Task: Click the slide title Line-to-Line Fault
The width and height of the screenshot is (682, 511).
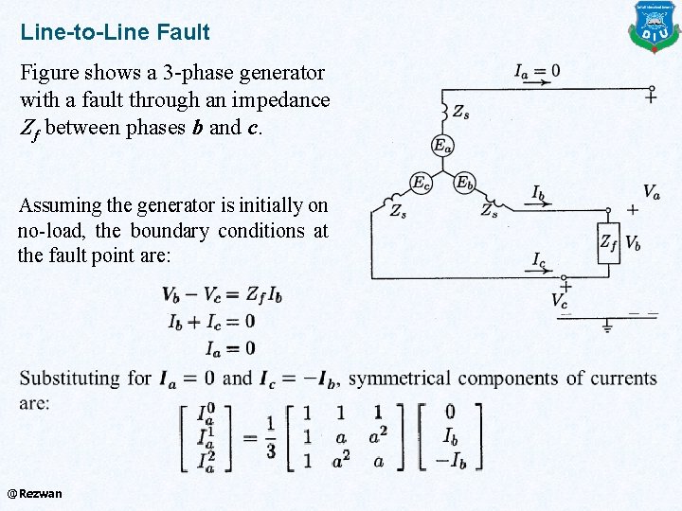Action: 115,32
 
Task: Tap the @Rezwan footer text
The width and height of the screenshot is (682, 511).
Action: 34,493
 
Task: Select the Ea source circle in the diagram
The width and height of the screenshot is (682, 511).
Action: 442,145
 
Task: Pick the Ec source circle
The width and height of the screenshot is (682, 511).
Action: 421,183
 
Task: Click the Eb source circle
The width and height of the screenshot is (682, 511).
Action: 464,183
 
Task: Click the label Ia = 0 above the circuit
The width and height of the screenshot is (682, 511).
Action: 536,70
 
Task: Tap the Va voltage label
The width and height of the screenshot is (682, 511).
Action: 651,192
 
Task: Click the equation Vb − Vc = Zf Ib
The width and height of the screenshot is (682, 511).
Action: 222,294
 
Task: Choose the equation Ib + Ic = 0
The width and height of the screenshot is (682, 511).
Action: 211,322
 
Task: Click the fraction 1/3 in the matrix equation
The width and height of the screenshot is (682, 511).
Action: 270,439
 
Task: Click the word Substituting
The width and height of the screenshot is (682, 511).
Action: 73,379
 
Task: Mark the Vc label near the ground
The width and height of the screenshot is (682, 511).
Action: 561,300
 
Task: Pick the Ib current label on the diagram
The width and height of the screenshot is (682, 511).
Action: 537,193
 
